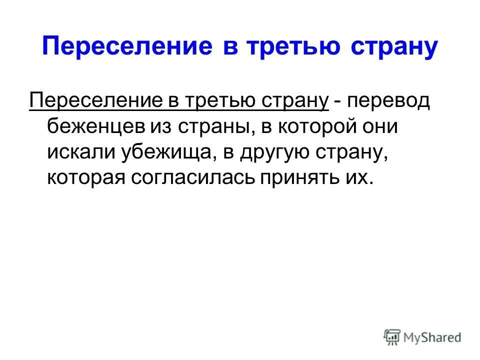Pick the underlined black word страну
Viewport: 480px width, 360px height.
point(297,101)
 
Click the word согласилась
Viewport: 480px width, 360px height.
point(193,178)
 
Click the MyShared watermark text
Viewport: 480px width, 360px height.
point(433,337)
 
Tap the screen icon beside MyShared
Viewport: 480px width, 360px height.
point(393,337)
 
